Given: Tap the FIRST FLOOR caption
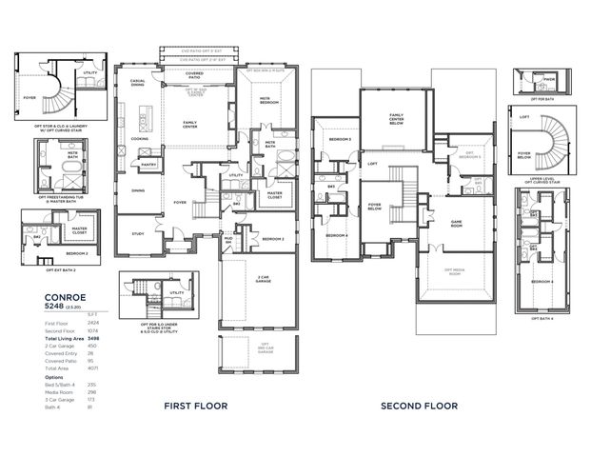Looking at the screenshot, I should pos(195,406).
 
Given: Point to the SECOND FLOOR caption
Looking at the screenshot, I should pos(419,406).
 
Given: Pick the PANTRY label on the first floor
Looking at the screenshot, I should pos(148,165).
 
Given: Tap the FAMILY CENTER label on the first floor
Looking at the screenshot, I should pos(189,124).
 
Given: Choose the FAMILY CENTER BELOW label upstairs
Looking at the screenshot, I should pos(396,118).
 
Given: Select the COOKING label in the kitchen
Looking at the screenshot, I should pos(139,138).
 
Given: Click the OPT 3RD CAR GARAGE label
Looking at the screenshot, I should pos(266,348).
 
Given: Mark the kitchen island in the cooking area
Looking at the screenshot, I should pos(148,117).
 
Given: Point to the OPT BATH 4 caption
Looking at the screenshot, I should pos(542,318).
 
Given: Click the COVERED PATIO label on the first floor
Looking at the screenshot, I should pos(194,74).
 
